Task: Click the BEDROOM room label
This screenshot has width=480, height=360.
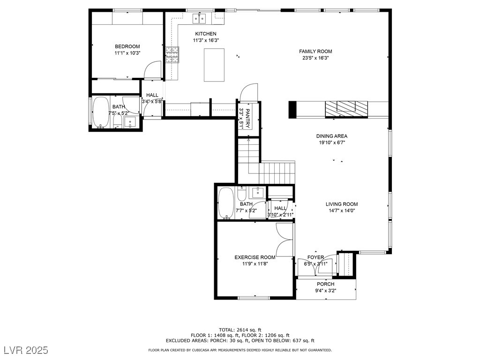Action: pyautogui.click(x=127, y=46)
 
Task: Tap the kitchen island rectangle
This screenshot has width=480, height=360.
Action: pyautogui.click(x=214, y=65)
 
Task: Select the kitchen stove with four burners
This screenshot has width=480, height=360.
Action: pyautogui.click(x=172, y=54)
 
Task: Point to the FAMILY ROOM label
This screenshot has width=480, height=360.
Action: pyautogui.click(x=315, y=52)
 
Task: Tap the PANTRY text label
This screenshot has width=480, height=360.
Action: pyautogui.click(x=248, y=119)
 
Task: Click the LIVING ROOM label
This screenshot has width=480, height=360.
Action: pyautogui.click(x=342, y=204)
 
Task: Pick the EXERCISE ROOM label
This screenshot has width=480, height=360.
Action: pyautogui.click(x=255, y=257)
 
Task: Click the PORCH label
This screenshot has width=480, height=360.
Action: pyautogui.click(x=325, y=284)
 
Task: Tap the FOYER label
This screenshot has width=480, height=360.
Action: pyautogui.click(x=315, y=257)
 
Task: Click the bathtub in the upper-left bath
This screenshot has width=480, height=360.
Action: pyautogui.click(x=101, y=112)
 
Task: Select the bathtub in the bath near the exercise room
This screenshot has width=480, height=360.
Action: pyautogui.click(x=226, y=203)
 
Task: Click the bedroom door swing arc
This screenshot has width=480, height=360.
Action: pyautogui.click(x=152, y=70)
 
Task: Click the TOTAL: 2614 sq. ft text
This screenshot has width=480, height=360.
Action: pyautogui.click(x=240, y=330)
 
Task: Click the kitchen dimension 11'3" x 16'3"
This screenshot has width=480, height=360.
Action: pyautogui.click(x=206, y=40)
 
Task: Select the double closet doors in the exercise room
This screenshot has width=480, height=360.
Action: pyautogui.click(x=284, y=239)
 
